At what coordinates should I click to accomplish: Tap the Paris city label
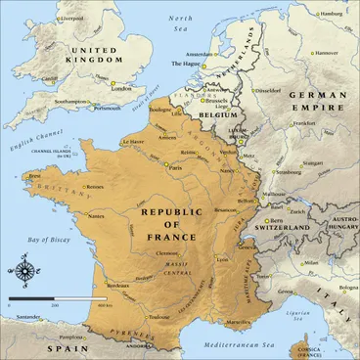[x=178, y=166]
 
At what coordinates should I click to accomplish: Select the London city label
[x=122, y=89]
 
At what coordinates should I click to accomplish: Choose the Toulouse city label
[x=158, y=317]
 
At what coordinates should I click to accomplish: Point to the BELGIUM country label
[x=219, y=113]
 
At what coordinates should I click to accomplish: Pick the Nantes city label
[x=97, y=215]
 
